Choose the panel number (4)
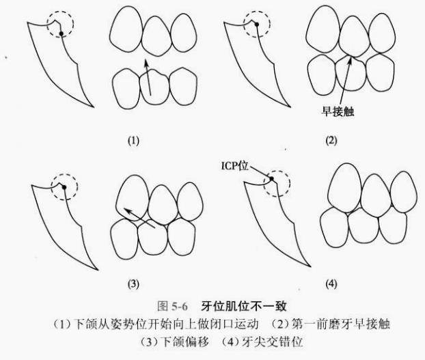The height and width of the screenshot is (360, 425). point(331,283)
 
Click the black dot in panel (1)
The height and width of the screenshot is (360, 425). point(61,33)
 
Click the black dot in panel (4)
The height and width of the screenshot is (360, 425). point(271,180)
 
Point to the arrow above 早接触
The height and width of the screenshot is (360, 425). point(342,81)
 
